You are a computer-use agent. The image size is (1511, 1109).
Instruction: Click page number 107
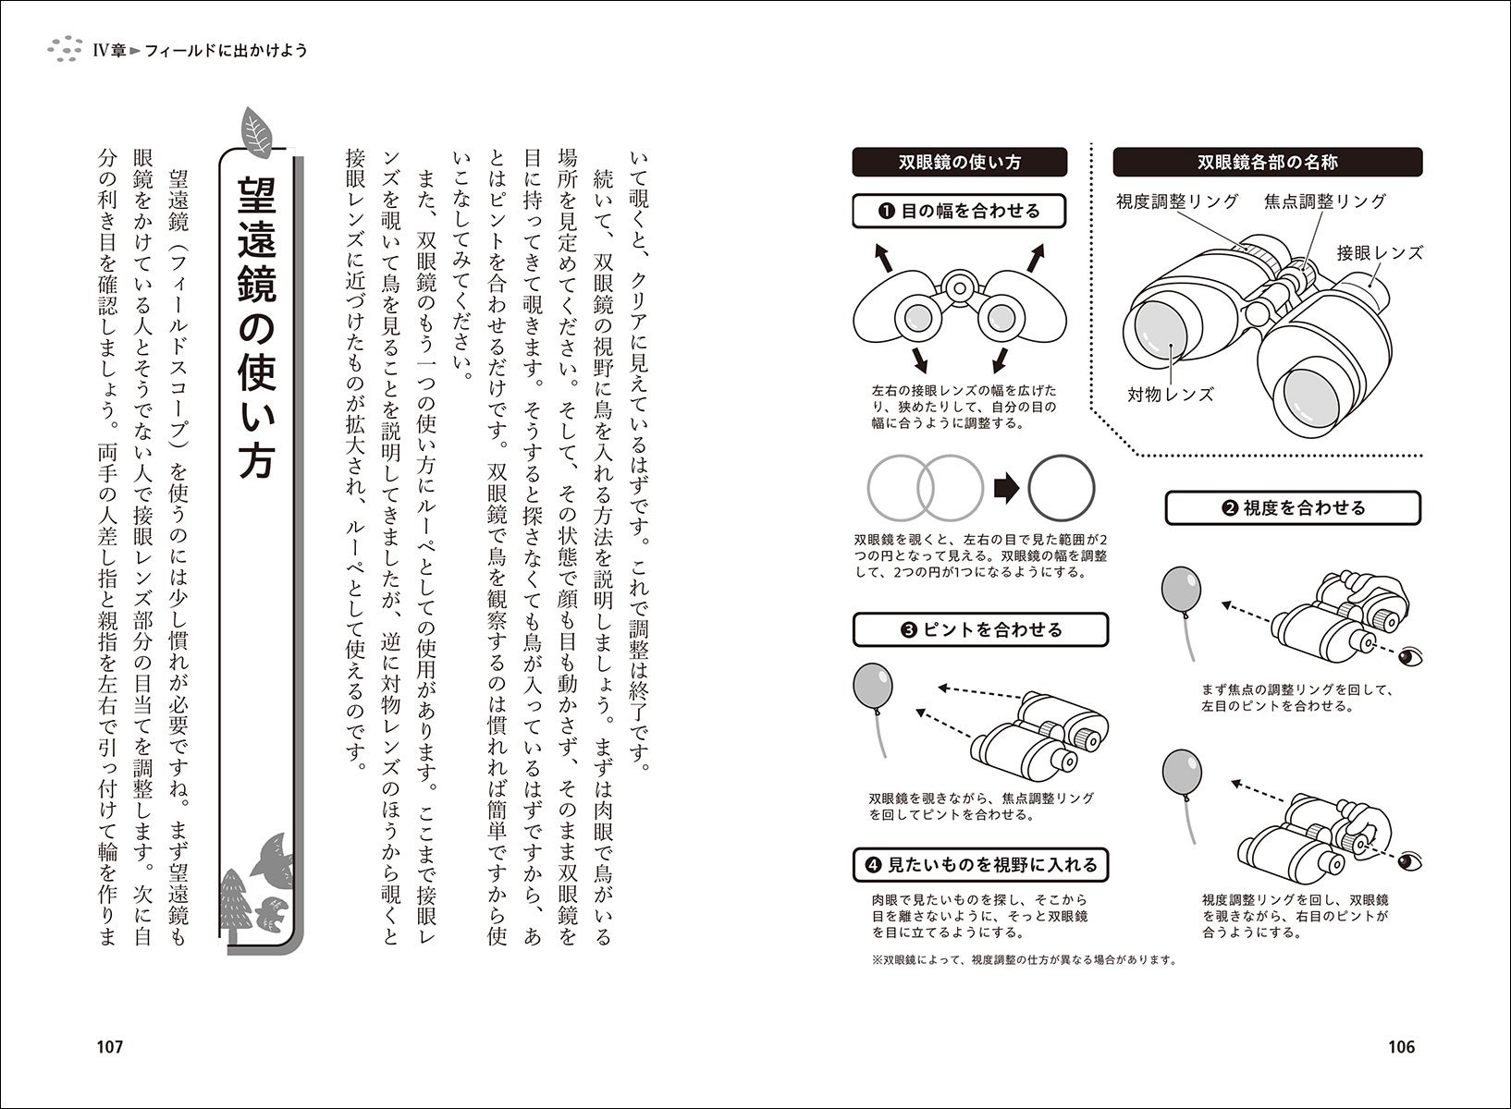pyautogui.click(x=109, y=1047)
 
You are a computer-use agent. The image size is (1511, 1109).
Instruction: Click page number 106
pyautogui.click(x=1401, y=1047)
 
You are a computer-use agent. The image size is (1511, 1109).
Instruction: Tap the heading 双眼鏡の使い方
pyautogui.click(x=960, y=163)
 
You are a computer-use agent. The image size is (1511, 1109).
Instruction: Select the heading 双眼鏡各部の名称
pyautogui.click(x=1267, y=163)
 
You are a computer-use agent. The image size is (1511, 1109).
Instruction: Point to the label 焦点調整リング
pyautogui.click(x=1325, y=201)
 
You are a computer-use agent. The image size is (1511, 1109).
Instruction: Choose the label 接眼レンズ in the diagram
pyautogui.click(x=1379, y=252)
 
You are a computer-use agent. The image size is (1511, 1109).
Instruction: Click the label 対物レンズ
pyautogui.click(x=1170, y=394)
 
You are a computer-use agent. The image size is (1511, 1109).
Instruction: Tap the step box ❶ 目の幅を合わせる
pyautogui.click(x=959, y=211)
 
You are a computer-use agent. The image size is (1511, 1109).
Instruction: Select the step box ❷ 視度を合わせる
pyautogui.click(x=1292, y=507)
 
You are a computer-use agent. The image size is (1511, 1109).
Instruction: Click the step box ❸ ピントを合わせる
pyautogui.click(x=979, y=630)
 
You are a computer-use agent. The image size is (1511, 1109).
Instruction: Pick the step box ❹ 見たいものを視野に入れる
pyautogui.click(x=980, y=865)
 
